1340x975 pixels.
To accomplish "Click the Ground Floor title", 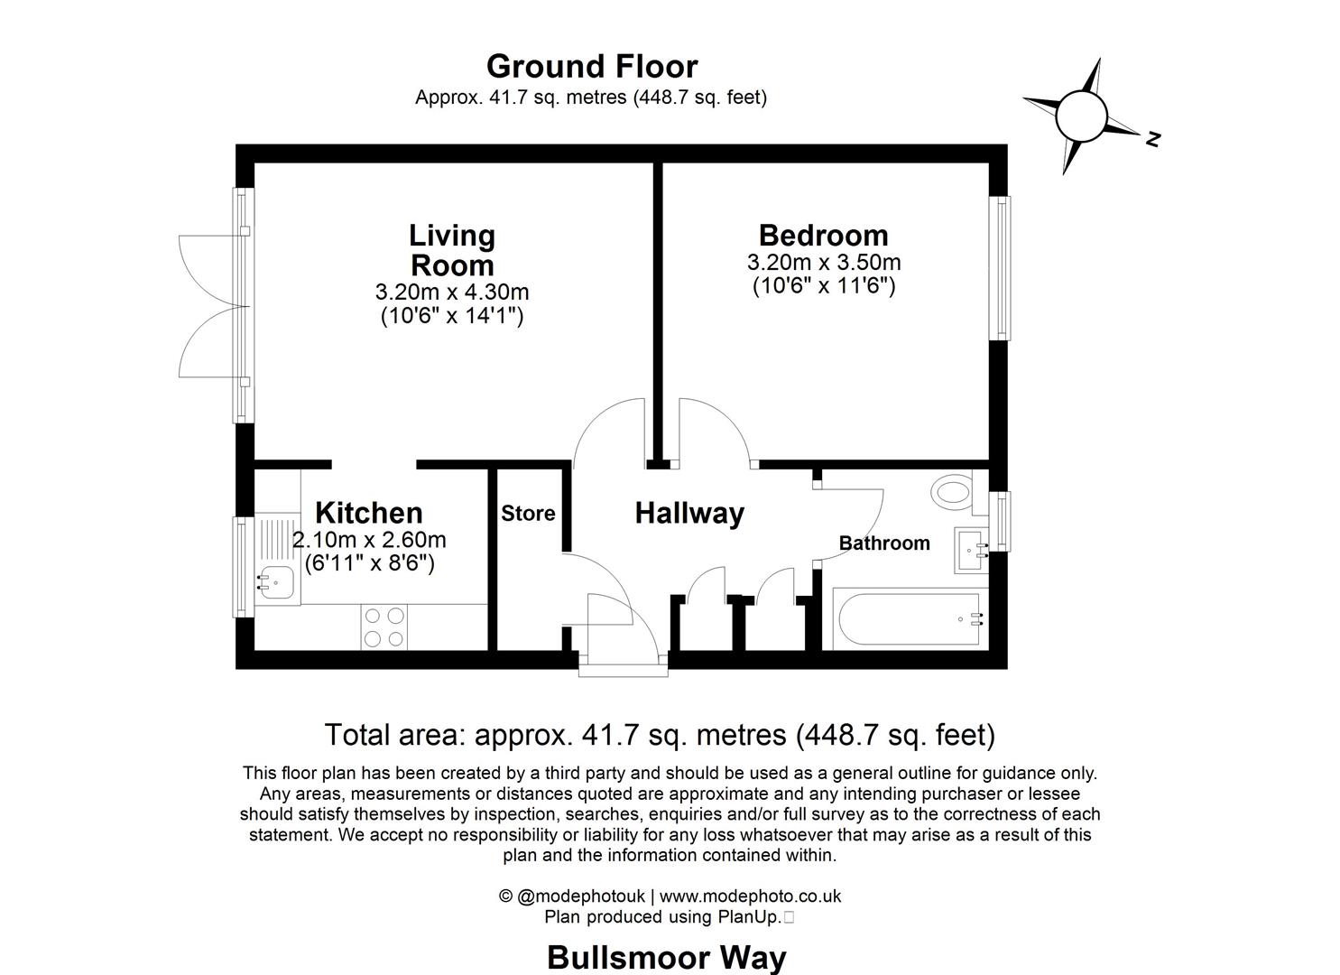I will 591,67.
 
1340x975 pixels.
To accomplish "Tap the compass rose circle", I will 1080,116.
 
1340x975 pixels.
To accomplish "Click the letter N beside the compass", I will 1152,139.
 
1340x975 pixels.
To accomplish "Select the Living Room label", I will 452,250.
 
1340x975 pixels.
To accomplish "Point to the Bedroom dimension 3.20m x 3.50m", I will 823,263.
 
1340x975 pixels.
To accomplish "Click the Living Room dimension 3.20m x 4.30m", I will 452,292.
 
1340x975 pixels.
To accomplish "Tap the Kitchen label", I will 369,513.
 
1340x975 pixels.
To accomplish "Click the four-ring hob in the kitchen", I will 384,627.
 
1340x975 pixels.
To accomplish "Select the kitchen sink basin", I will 277,581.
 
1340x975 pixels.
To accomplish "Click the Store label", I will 528,514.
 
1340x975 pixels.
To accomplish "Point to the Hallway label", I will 689,514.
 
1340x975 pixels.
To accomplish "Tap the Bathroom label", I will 883,543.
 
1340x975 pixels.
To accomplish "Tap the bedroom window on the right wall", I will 1000,268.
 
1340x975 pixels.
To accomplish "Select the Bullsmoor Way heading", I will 667,957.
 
